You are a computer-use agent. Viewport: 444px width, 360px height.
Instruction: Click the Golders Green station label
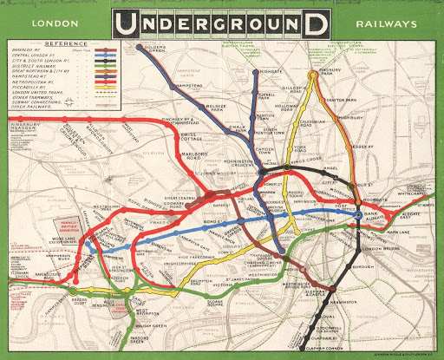[154, 47]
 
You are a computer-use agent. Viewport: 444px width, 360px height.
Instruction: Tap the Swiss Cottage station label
[190, 141]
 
